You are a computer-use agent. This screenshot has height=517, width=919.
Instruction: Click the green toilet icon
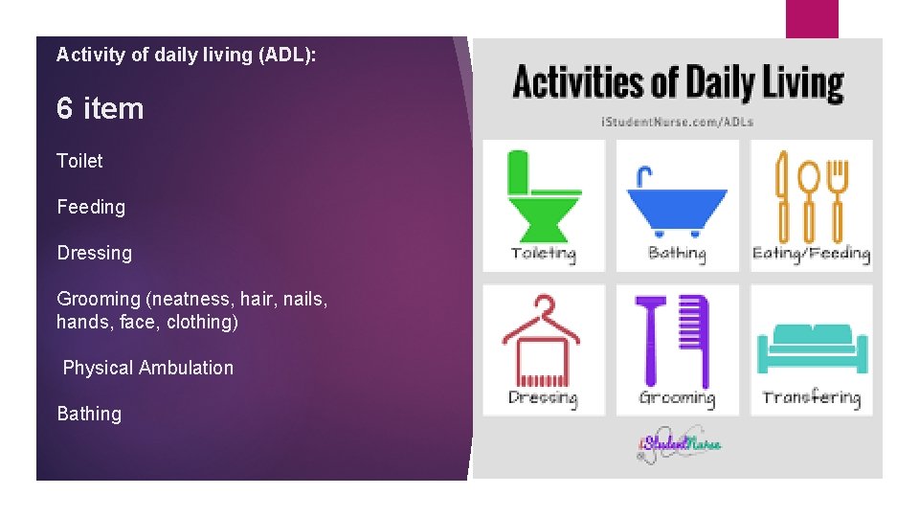543,195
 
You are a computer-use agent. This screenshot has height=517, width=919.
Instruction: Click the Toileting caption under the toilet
543,254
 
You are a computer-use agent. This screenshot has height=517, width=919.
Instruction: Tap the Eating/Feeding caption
811,254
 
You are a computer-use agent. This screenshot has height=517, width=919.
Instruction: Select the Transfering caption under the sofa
811,398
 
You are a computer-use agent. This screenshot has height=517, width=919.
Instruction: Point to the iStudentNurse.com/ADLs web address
677,122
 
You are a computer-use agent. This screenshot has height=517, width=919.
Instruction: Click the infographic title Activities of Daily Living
678,83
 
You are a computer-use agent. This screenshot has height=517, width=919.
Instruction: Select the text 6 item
100,109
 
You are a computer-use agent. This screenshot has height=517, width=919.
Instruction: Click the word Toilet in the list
79,161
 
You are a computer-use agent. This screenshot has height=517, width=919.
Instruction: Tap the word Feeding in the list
91,207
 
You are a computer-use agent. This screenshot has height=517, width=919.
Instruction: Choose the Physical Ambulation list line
147,368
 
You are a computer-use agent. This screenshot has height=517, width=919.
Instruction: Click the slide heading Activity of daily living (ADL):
186,55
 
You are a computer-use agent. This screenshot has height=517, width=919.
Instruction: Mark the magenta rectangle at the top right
812,18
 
